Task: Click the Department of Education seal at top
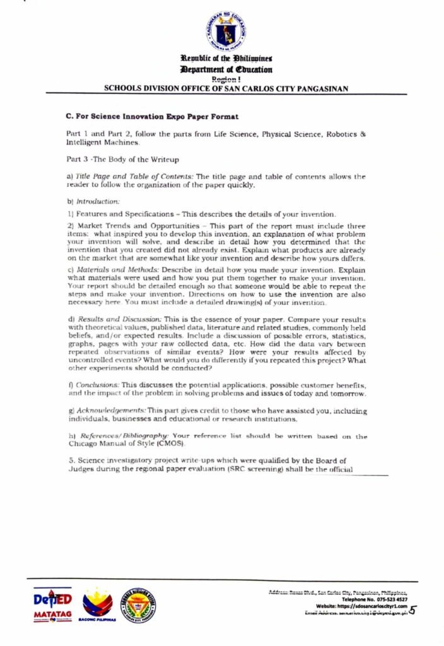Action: (225, 31)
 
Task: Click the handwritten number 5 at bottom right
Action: (413, 610)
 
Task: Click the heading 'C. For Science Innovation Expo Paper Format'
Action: (151, 117)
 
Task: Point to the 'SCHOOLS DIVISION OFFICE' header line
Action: (225, 89)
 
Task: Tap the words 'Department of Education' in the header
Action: (226, 69)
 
